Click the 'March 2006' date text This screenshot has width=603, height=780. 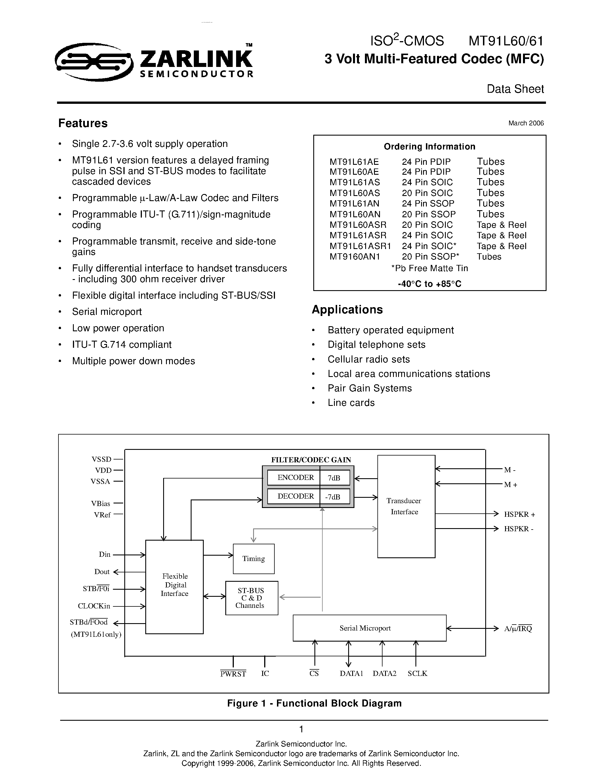[x=526, y=123]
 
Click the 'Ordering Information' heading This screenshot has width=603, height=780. [x=429, y=146]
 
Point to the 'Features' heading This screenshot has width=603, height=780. [x=83, y=123]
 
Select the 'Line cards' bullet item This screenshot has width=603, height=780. [x=351, y=403]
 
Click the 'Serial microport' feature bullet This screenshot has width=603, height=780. [x=107, y=312]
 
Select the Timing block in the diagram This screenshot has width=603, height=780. [x=254, y=558]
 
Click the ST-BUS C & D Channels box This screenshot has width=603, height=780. [x=251, y=598]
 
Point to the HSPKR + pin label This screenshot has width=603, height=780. [x=519, y=514]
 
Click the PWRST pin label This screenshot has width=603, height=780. [x=233, y=674]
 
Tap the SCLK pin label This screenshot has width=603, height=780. [x=417, y=674]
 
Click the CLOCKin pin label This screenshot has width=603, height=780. [x=94, y=606]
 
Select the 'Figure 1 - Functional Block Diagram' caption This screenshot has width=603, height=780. [x=314, y=703]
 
